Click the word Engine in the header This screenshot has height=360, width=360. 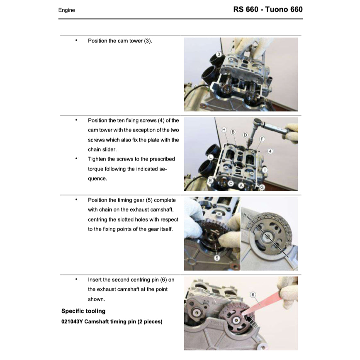(x=67, y=10)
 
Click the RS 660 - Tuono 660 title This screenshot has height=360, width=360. (x=268, y=10)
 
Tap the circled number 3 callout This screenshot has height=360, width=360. (x=219, y=54)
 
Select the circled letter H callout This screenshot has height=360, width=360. (x=224, y=130)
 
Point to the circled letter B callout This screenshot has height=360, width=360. (x=233, y=132)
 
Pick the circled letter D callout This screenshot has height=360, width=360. (x=245, y=135)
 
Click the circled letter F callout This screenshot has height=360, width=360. (x=262, y=139)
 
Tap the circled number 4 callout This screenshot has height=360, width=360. (x=270, y=151)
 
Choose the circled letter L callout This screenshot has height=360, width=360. (x=211, y=157)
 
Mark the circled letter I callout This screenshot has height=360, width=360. (x=265, y=170)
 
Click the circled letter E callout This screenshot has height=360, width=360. (x=210, y=180)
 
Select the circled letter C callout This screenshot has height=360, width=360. (x=231, y=183)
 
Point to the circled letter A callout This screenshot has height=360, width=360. (x=241, y=185)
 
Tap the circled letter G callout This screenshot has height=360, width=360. (x=262, y=187)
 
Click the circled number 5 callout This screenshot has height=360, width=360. (x=217, y=258)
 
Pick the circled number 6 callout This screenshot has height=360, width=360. (x=253, y=295)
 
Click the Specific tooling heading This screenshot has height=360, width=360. (x=83, y=311)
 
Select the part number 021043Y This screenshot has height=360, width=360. (x=72, y=321)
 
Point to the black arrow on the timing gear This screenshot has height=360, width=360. (x=249, y=319)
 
